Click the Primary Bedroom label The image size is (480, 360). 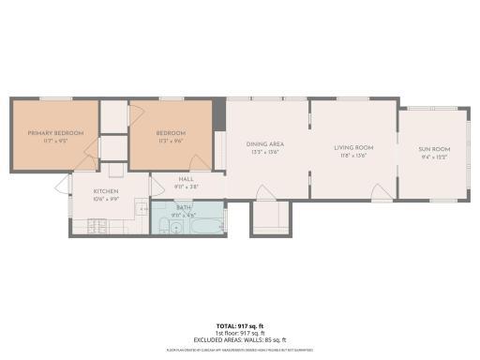pos(55,133)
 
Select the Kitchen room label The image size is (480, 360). pos(105,191)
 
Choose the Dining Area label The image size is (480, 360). pos(264,143)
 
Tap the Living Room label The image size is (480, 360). pos(354,147)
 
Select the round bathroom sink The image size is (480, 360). pos(175,227)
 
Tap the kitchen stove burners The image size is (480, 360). pos(97,226)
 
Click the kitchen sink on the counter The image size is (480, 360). pos(141,208)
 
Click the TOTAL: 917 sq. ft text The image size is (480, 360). pos(240,324)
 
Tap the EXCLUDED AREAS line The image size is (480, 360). pos(240,338)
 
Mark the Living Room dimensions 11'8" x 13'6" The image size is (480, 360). pos(354,155)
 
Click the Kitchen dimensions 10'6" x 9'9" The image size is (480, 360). pos(105,198)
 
